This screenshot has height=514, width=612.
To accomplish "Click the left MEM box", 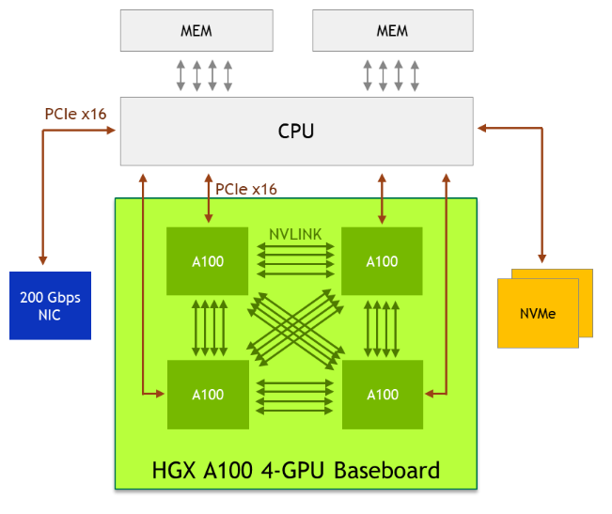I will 196,31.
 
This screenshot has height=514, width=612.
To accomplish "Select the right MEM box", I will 392,31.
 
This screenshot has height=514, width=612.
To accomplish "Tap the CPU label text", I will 296,132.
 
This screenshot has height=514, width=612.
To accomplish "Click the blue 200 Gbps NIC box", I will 50,305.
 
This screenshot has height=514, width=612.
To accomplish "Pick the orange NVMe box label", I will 538,313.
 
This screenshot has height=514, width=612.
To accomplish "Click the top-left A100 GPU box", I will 208,261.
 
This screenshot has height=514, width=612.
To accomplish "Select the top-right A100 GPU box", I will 382,261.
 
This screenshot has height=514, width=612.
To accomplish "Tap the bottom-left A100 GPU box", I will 208,395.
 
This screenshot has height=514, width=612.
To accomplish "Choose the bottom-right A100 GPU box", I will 382,395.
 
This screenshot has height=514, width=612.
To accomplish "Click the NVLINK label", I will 294,233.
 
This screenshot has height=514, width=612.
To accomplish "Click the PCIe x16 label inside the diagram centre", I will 246,189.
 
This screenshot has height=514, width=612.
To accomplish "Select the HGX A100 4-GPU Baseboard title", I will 295,469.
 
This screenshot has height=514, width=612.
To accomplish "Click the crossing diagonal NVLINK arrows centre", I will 295,327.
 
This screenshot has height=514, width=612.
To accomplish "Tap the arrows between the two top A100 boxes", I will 295,260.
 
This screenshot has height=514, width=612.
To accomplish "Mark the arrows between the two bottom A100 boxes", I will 295,395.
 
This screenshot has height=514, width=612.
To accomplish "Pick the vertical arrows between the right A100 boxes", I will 382,327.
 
